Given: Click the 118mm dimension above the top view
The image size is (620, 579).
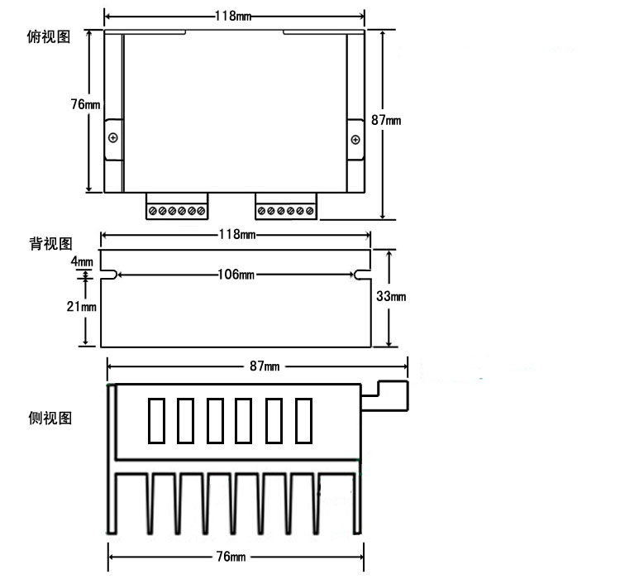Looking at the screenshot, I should pyautogui.click(x=234, y=16).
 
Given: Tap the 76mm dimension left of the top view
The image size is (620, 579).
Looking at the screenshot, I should pyautogui.click(x=86, y=105).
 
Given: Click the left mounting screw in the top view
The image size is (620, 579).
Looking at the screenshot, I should pyautogui.click(x=113, y=136).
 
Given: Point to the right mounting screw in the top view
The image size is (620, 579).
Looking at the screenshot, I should pyautogui.click(x=355, y=137).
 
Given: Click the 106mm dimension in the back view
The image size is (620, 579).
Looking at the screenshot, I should pyautogui.click(x=236, y=275).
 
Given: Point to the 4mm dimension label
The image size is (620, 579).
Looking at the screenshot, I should pyautogui.click(x=82, y=261).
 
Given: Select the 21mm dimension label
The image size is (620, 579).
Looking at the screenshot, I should pyautogui.click(x=83, y=307).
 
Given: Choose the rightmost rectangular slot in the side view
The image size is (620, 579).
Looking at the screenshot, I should pyautogui.click(x=304, y=421).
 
